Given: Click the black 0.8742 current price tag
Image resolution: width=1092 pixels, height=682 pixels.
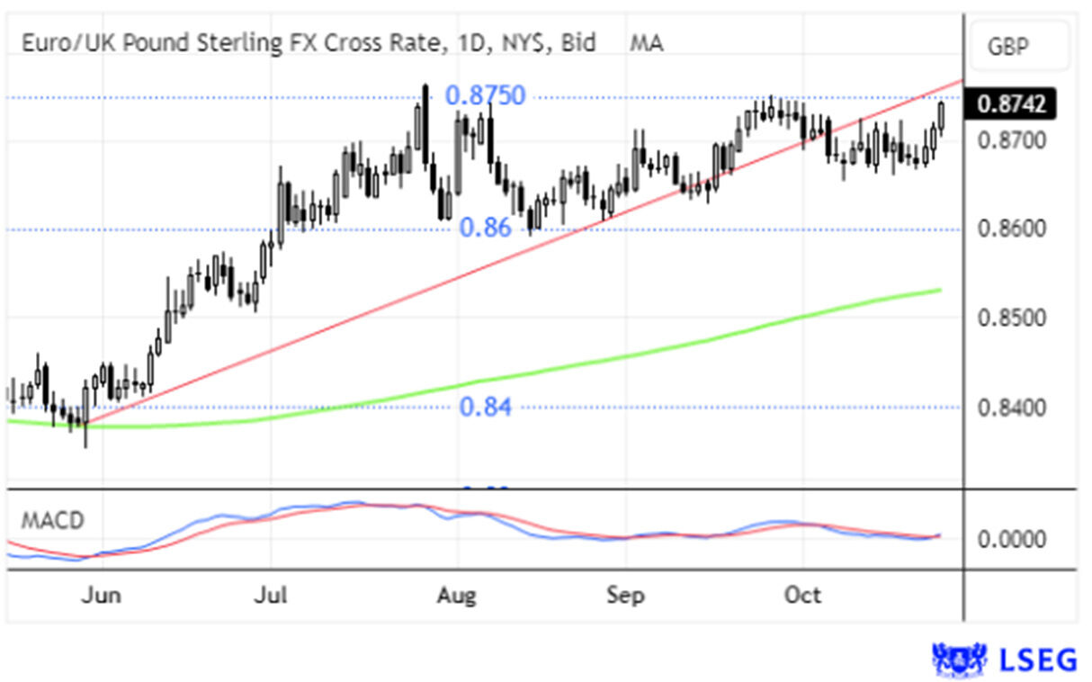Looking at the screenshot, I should point(1011,105).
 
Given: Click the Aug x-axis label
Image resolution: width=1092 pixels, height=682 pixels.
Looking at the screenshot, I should point(458,595).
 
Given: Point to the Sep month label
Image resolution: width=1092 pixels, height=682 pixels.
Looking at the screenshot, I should point(625,595).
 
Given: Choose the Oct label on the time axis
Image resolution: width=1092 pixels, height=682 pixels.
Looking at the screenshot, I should point(802,595).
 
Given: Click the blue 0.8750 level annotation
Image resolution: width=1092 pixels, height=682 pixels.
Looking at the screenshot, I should point(486,96).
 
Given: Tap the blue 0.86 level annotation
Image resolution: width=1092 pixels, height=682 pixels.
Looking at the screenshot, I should point(486,228).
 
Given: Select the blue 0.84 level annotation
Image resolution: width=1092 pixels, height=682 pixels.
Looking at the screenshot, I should point(486,408).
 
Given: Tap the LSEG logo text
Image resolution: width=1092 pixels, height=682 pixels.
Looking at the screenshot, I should point(1038,660).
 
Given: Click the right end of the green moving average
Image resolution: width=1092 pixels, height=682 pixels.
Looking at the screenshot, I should point(941,290).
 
